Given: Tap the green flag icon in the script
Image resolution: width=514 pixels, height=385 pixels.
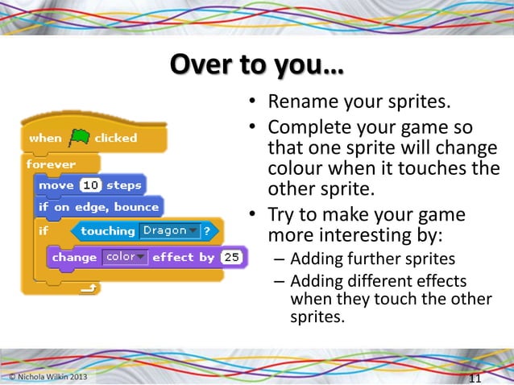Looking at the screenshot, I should (x=79, y=138).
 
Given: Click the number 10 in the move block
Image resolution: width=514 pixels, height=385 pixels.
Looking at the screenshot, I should (x=91, y=185).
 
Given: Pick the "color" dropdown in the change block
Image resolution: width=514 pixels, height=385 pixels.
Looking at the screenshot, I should (x=125, y=257).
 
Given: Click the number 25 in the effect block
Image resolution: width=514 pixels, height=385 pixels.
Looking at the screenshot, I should (x=232, y=257).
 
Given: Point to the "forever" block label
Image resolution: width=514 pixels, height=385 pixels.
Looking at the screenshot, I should (x=51, y=164).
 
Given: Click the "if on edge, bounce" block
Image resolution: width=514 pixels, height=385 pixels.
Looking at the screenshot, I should (x=98, y=207).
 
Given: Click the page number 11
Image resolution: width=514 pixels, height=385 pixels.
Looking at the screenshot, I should (x=475, y=379).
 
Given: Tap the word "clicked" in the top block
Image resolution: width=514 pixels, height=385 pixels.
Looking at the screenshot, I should (x=116, y=138).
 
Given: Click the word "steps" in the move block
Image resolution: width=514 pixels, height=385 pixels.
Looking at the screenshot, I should (x=123, y=185).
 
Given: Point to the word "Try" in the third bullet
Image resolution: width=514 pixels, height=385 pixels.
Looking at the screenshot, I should (x=282, y=216).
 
